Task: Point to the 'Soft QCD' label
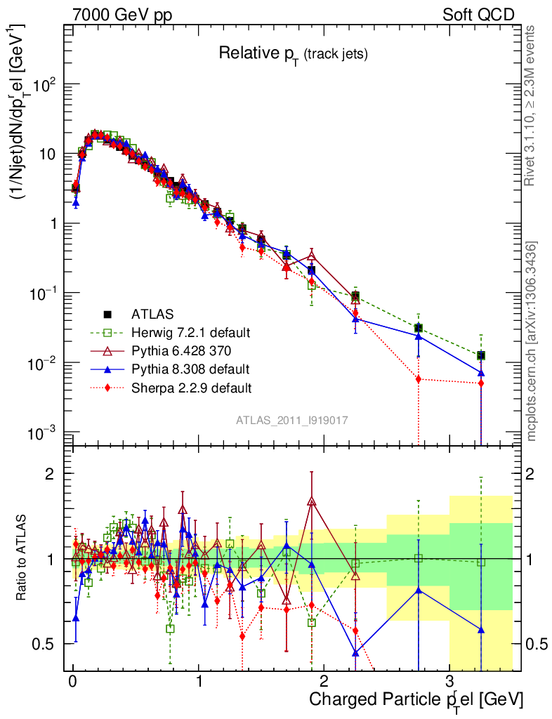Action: coord(478,15)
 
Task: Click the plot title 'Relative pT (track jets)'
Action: coord(293,53)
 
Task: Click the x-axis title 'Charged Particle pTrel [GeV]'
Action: coord(416,700)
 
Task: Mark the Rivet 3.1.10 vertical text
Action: coord(531,105)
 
